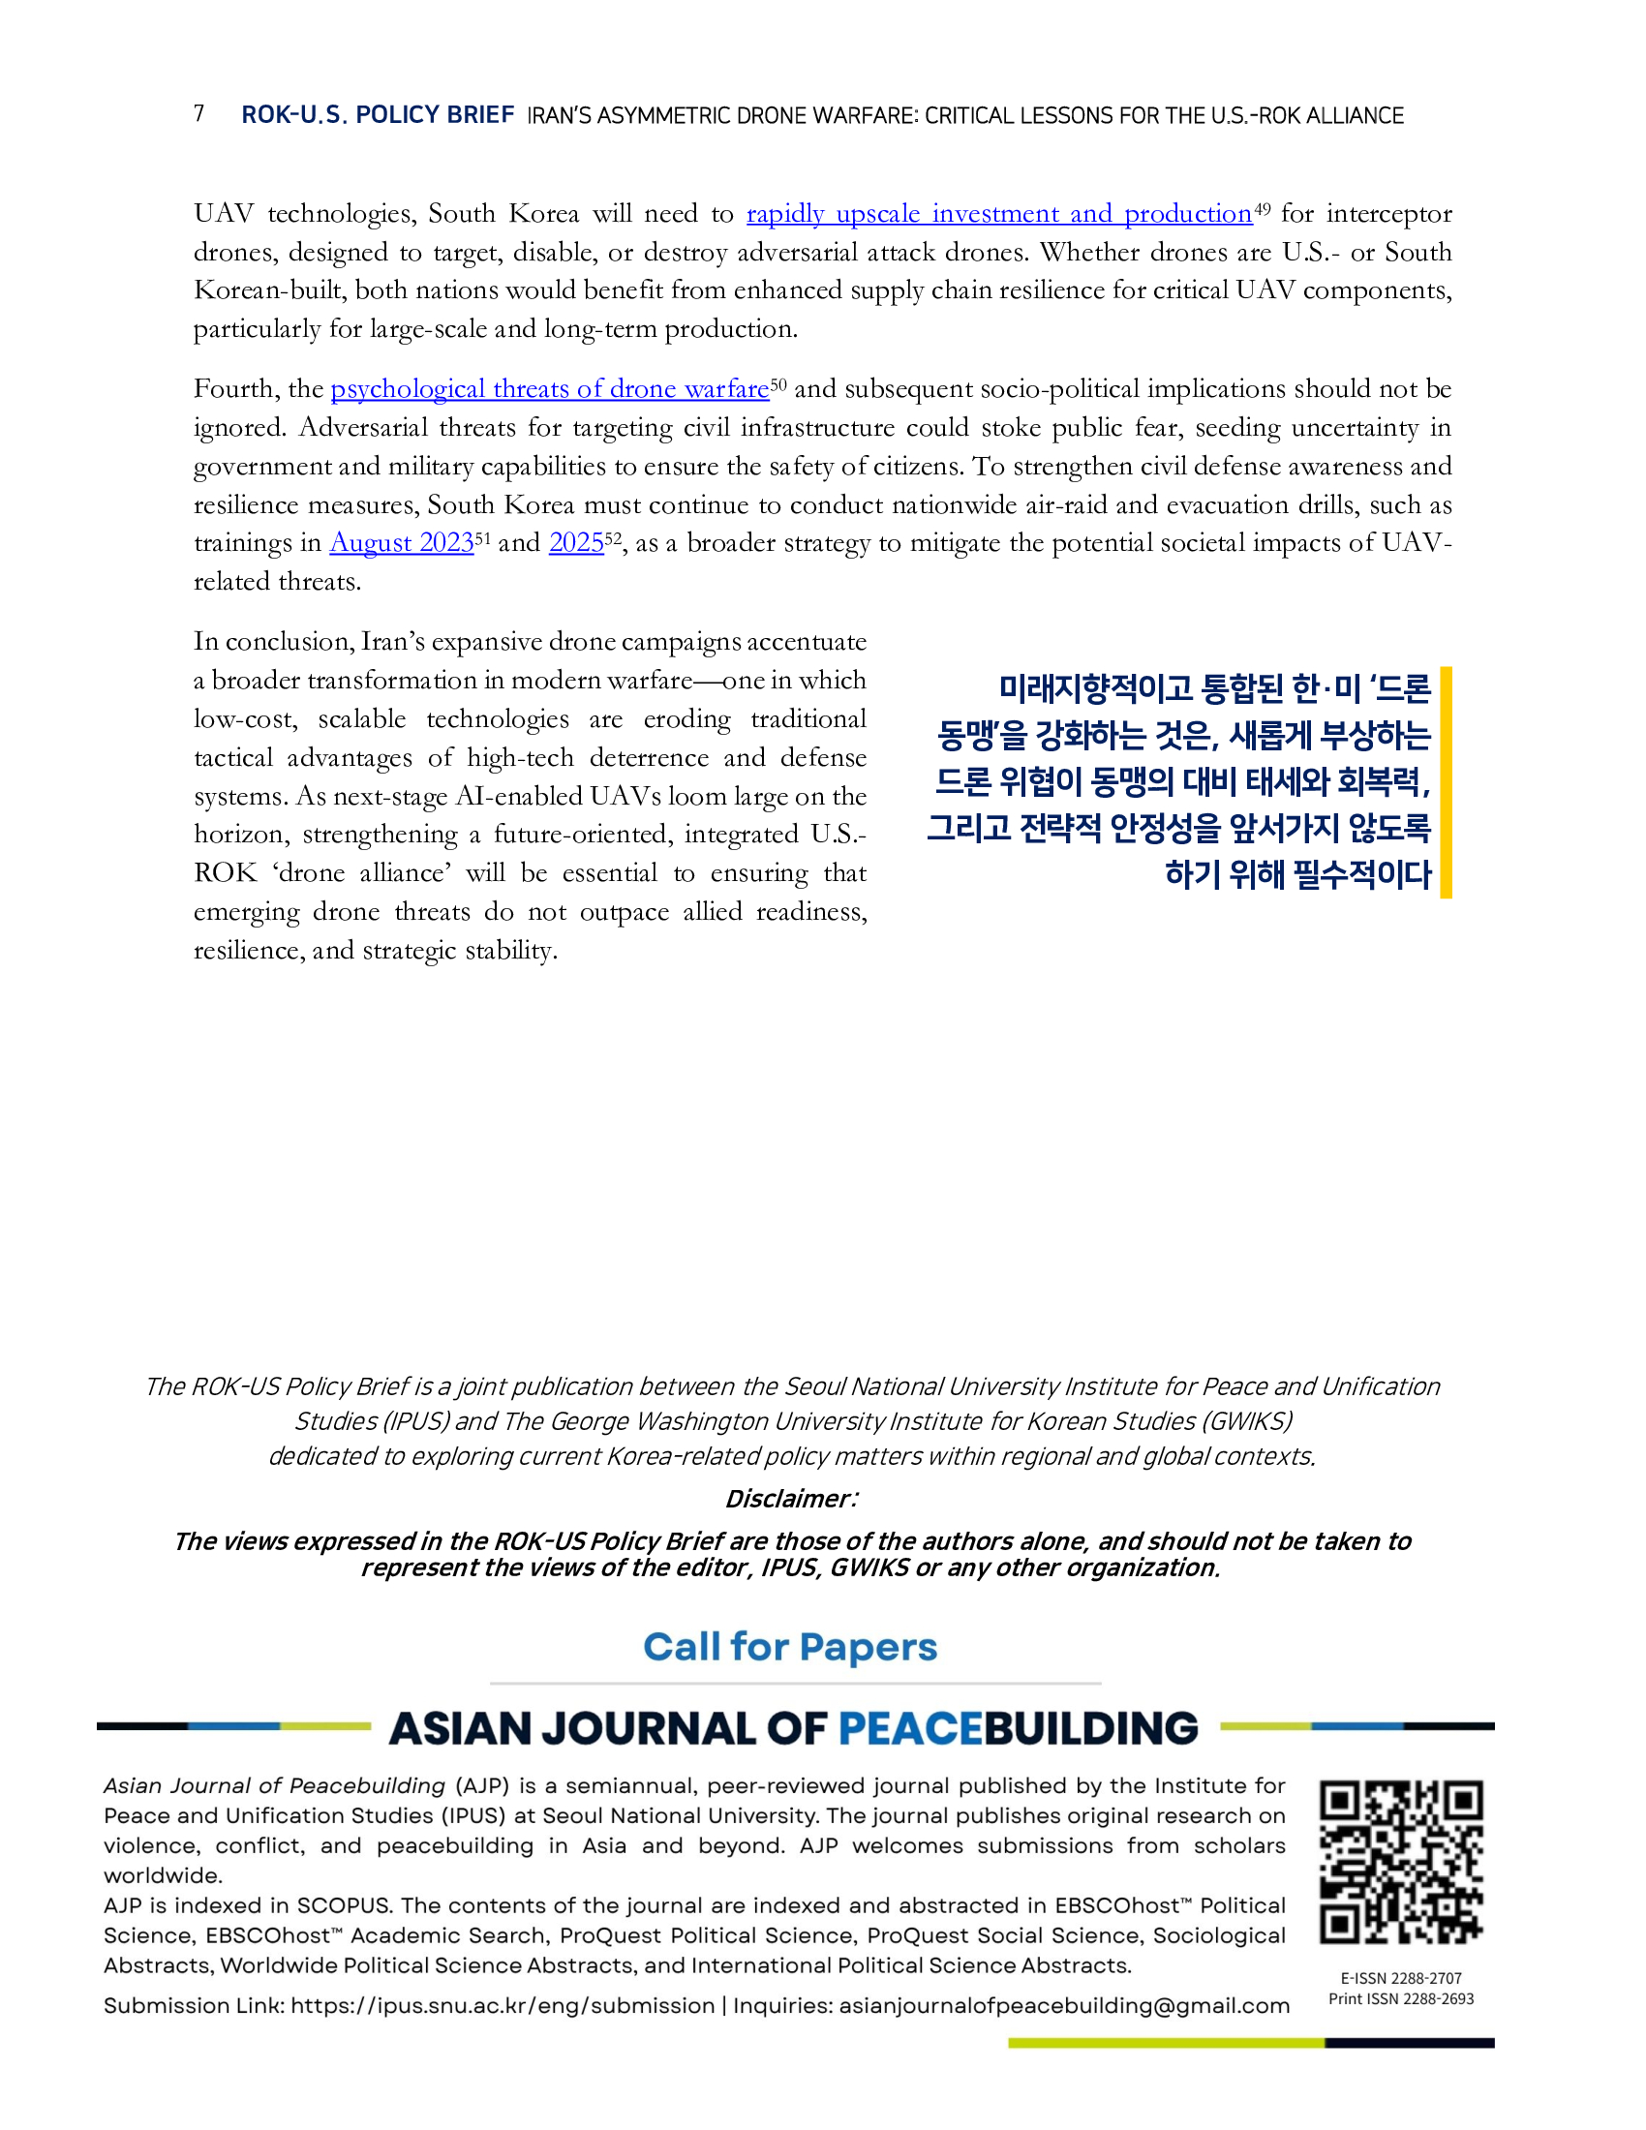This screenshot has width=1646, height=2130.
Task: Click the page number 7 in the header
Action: (198, 114)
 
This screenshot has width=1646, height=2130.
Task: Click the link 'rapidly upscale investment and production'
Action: (998, 214)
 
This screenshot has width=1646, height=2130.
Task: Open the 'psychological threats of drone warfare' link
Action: (550, 389)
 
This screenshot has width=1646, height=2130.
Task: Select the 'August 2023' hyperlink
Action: (402, 543)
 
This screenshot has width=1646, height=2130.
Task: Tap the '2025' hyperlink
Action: (576, 543)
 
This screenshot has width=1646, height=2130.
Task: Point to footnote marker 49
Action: (1263, 208)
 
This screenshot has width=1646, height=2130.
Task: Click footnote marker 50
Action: (778, 383)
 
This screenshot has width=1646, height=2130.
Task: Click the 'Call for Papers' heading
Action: (790, 1647)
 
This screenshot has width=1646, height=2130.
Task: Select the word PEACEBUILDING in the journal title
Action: (1017, 1728)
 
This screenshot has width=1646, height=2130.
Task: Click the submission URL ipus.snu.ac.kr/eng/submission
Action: (503, 2006)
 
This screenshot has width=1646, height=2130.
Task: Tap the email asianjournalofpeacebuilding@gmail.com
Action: (1064, 2006)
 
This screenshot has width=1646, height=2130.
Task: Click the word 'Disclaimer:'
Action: (791, 1499)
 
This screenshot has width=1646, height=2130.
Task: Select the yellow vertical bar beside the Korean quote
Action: (1447, 782)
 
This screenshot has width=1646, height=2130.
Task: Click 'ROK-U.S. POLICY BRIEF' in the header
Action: (378, 115)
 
